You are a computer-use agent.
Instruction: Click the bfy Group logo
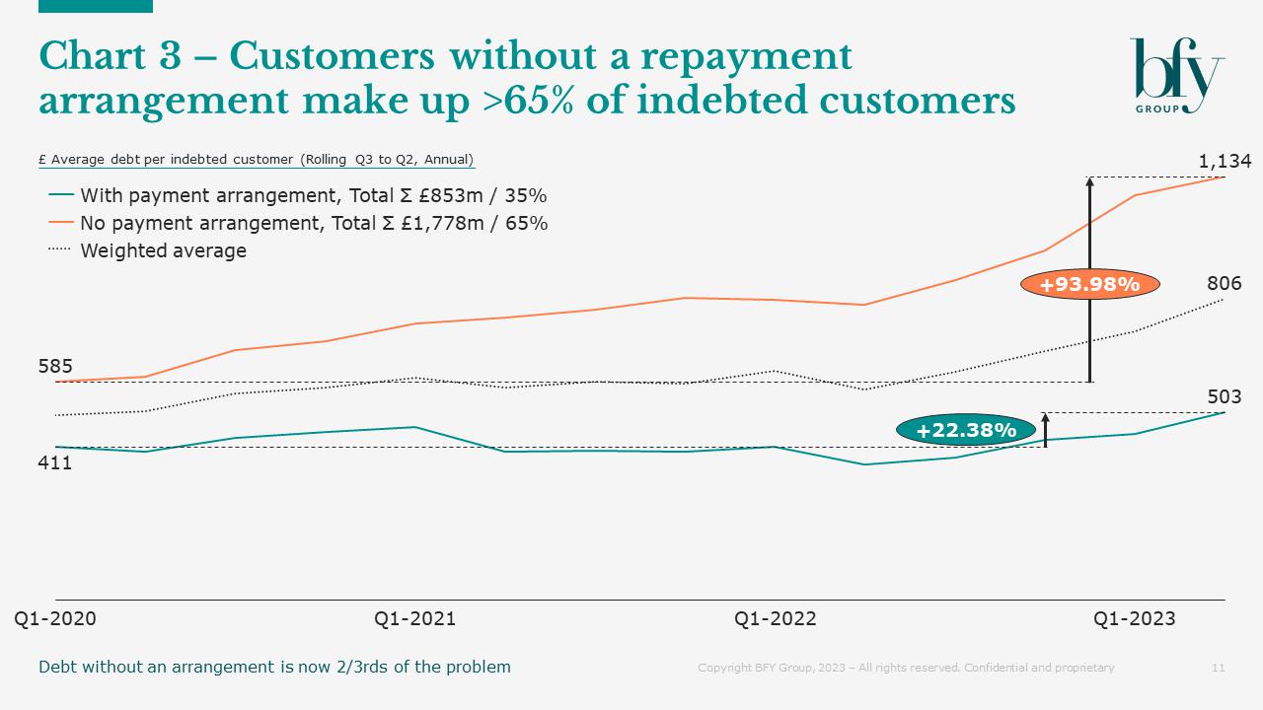point(1176,76)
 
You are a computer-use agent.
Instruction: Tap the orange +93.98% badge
point(1089,285)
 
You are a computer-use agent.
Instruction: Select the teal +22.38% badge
point(965,430)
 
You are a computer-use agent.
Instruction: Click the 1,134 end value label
point(1225,161)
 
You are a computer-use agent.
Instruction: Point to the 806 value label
point(1224,284)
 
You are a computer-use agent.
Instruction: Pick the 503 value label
point(1224,397)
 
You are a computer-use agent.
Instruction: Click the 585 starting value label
point(55,367)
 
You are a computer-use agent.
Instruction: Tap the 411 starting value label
point(55,462)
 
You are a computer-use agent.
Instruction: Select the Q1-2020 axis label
point(55,618)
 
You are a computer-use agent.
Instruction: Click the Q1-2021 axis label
point(414,618)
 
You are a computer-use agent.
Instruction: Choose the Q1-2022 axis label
point(775,618)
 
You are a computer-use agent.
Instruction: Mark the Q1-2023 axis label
point(1134,618)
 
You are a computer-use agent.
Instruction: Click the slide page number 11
point(1218,668)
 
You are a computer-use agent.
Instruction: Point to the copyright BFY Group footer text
point(906,668)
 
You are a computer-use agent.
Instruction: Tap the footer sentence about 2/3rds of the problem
point(274,667)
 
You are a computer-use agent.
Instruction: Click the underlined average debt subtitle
point(256,160)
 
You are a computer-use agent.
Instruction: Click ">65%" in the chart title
point(535,100)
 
